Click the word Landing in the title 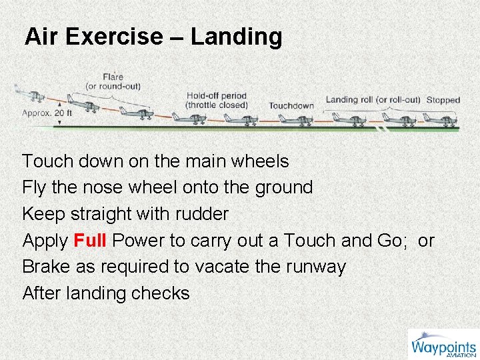(236, 37)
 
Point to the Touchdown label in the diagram (291, 105)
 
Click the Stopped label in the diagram (443, 100)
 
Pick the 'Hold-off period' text (216, 96)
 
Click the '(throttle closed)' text (216, 105)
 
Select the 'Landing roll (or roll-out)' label (373, 100)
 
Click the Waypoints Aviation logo (443, 345)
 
